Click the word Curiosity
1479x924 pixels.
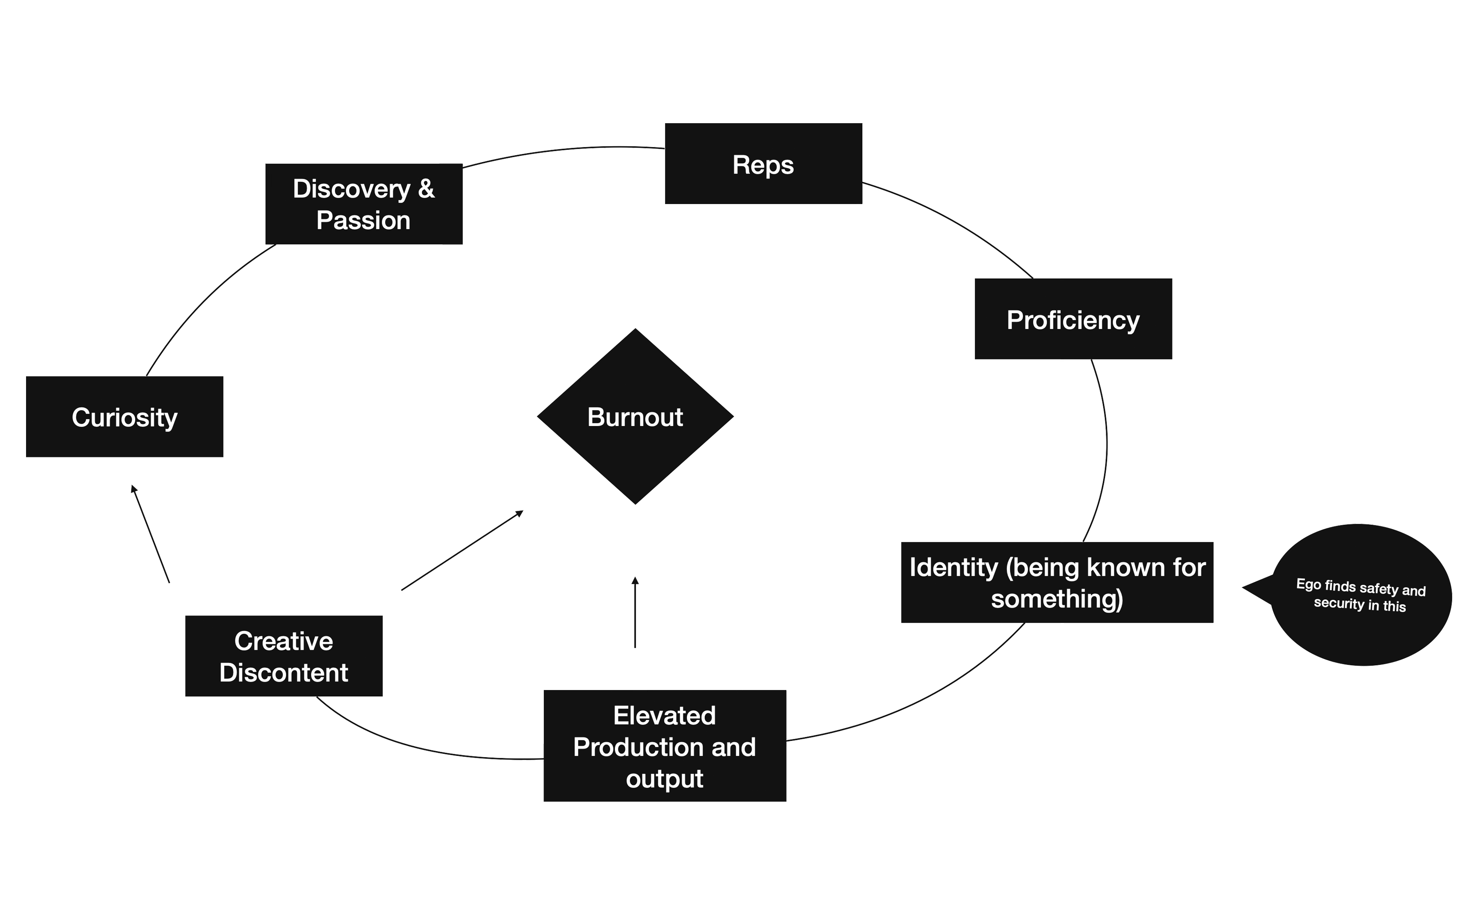[124, 418]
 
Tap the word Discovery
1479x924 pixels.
[351, 189]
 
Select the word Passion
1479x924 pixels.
[363, 221]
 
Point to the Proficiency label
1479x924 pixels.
[1072, 320]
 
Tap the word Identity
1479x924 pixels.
[953, 568]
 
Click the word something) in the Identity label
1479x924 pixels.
[1057, 599]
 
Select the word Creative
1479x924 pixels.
[284, 642]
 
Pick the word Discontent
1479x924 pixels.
[284, 673]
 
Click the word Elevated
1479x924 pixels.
[664, 716]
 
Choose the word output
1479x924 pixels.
[664, 779]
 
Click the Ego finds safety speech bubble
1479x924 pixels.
[1360, 595]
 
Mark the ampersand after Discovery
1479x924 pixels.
[426, 189]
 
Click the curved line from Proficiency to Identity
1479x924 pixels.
[1105, 452]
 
